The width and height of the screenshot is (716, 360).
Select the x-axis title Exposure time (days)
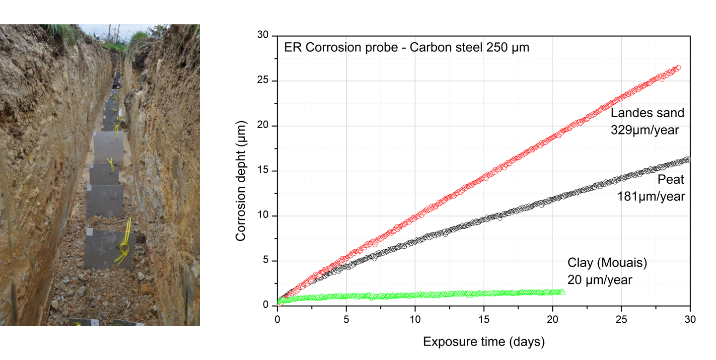coord(484,342)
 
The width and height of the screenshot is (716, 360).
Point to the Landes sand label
coord(647,113)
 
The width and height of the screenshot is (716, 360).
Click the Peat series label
coord(670,179)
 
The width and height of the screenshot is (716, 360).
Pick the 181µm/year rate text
coord(651,197)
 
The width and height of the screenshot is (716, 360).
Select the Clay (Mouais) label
coord(607,263)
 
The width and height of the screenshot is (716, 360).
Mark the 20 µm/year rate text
coord(600,280)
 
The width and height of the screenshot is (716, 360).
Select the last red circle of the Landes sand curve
coord(678,68)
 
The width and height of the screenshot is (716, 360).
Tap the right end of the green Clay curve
coord(563,292)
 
